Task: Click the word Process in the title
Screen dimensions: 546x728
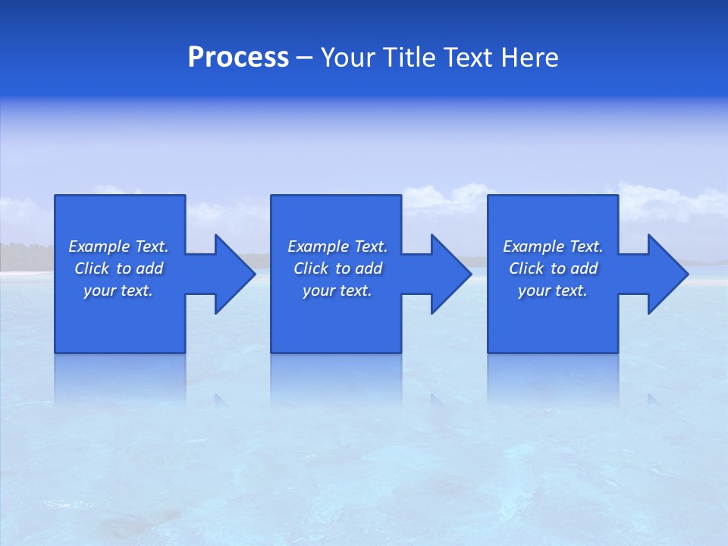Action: click(238, 58)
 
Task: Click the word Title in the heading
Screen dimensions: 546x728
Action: click(408, 58)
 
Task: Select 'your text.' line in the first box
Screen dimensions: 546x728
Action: click(118, 290)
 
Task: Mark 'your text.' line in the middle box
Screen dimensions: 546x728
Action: click(337, 290)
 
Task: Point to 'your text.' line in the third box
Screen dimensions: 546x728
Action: click(553, 290)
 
